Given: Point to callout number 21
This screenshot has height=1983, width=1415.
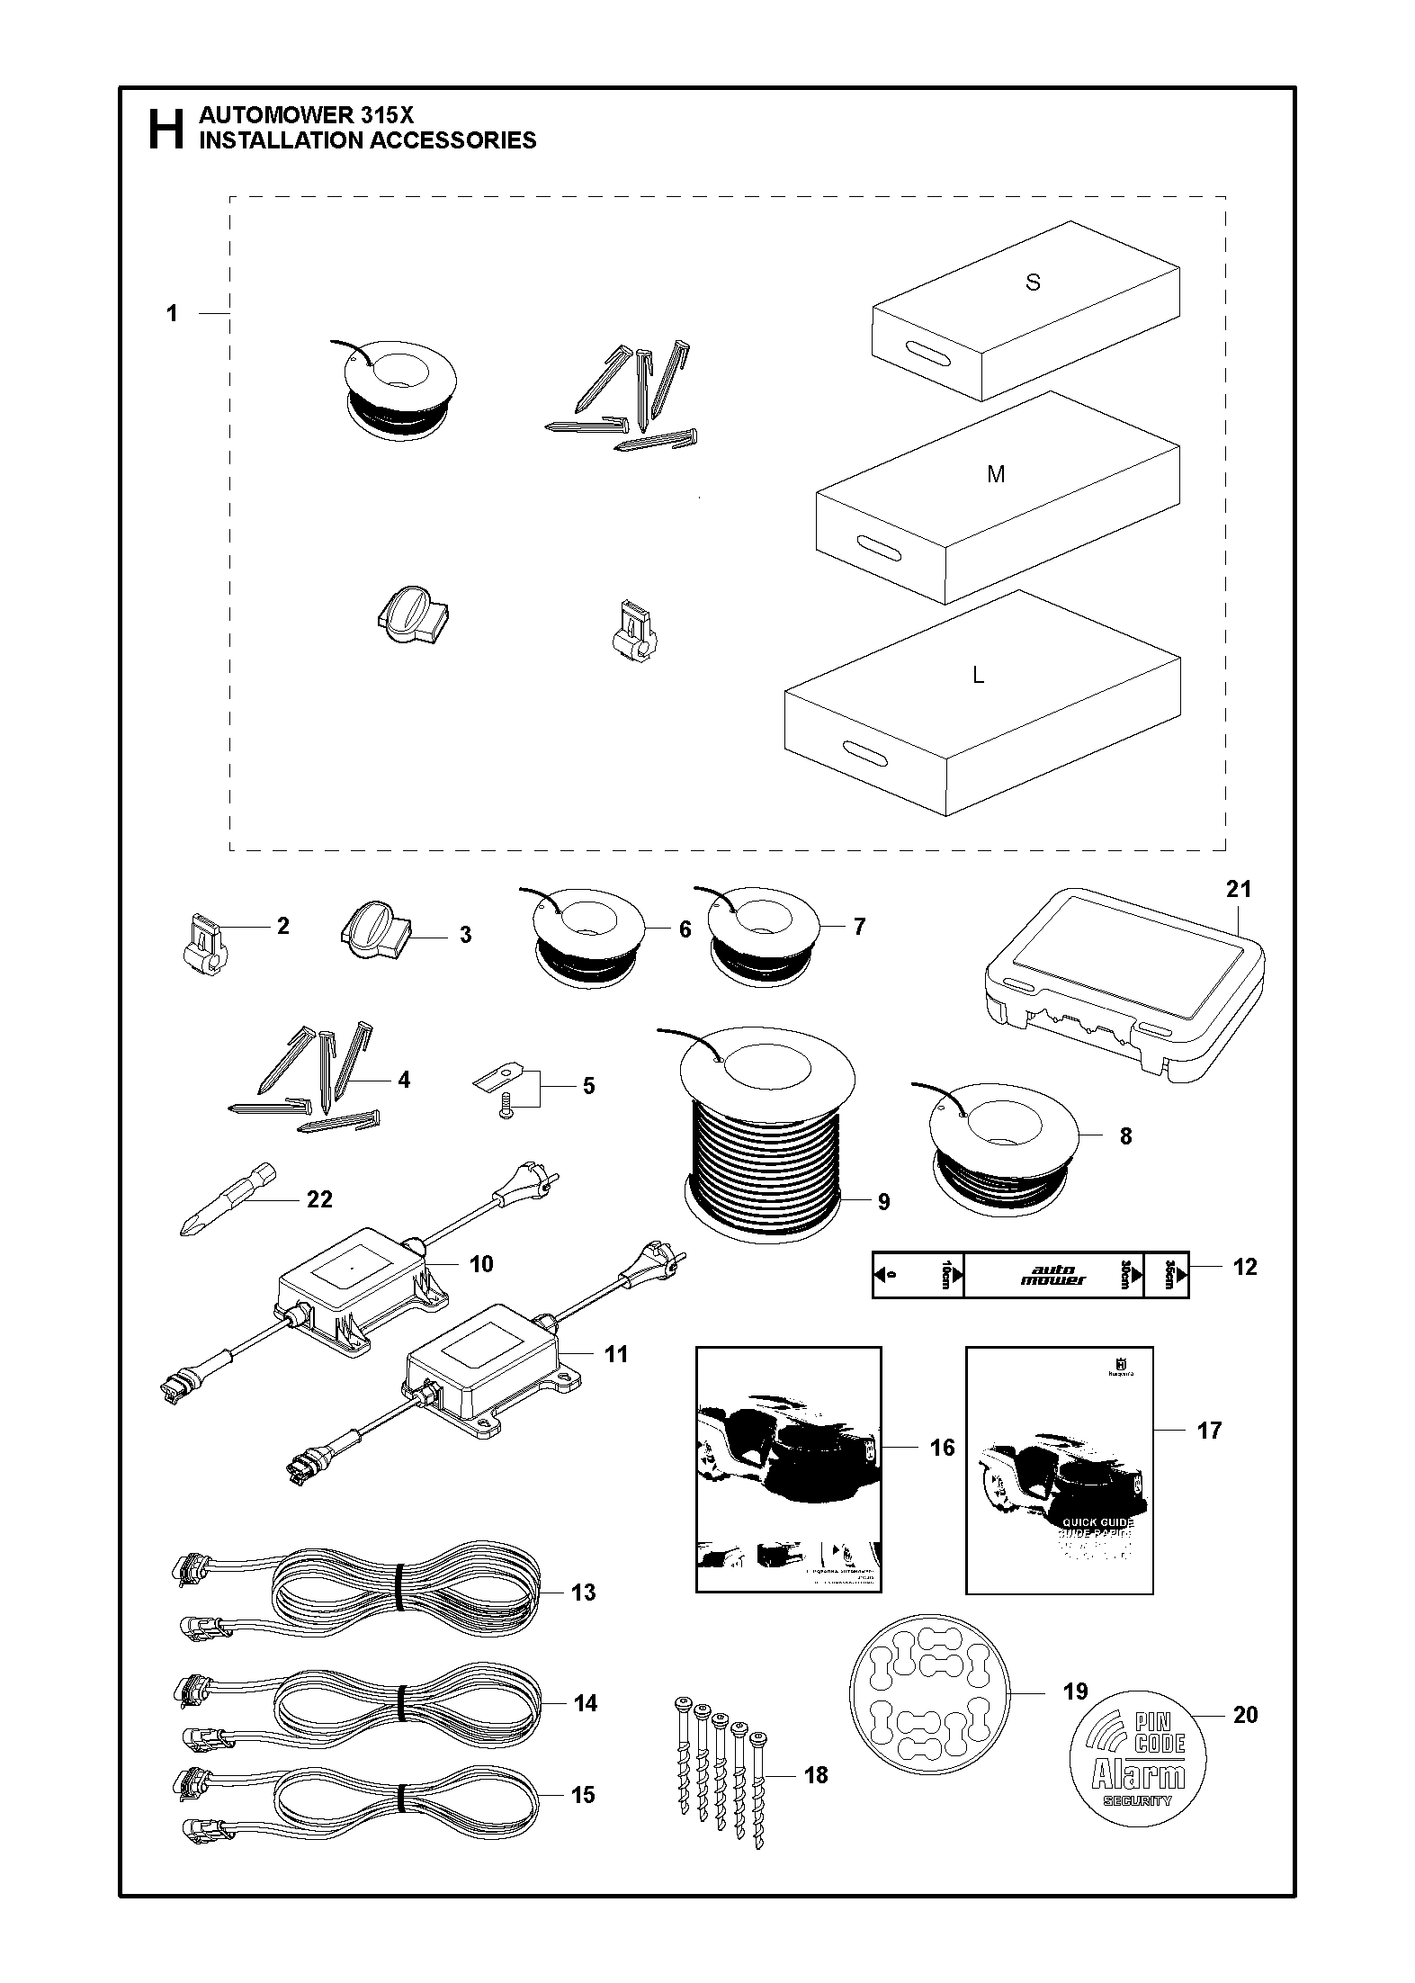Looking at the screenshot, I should pyautogui.click(x=1238, y=889).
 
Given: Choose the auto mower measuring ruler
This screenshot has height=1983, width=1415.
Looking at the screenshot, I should pyautogui.click(x=1030, y=1274).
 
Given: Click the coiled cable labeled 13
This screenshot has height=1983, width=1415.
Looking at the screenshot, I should pyautogui.click(x=360, y=1593).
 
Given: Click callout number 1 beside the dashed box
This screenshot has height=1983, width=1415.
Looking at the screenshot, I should pyautogui.click(x=172, y=314).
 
